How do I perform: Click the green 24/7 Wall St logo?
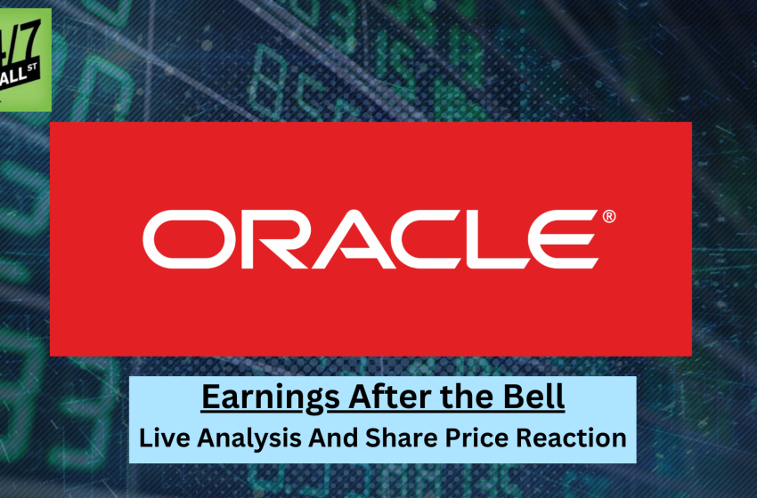[25, 60]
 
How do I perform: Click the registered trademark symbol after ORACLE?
[609, 216]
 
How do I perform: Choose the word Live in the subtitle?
[167, 438]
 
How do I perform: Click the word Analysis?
[253, 438]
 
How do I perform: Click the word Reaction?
[574, 438]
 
